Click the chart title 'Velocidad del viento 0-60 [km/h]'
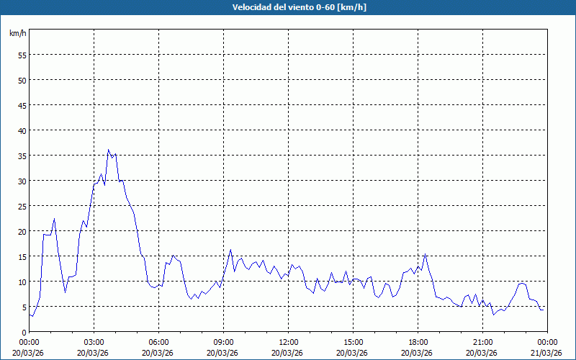pyautogui.click(x=287, y=7)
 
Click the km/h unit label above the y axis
pyautogui.click(x=17, y=34)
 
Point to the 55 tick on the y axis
pyautogui.click(x=22, y=55)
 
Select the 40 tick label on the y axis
pyautogui.click(x=22, y=130)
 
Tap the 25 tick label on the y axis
pyautogui.click(x=22, y=206)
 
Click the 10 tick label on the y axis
pyautogui.click(x=22, y=282)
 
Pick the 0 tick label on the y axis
pyautogui.click(x=24, y=332)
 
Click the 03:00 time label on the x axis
pyautogui.click(x=94, y=342)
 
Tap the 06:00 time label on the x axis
pyautogui.click(x=158, y=342)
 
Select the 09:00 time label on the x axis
pyautogui.click(x=223, y=342)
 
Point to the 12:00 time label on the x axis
pyautogui.click(x=288, y=342)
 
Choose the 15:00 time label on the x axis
pyautogui.click(x=353, y=342)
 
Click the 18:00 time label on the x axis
pyautogui.click(x=418, y=342)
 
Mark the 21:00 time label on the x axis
pyautogui.click(x=482, y=342)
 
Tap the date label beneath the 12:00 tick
pyautogui.click(x=288, y=352)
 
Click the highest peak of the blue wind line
pyautogui.click(x=108, y=150)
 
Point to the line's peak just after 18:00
pyautogui.click(x=426, y=254)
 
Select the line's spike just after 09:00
pyautogui.click(x=230, y=250)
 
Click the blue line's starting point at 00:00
pyautogui.click(x=30, y=315)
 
